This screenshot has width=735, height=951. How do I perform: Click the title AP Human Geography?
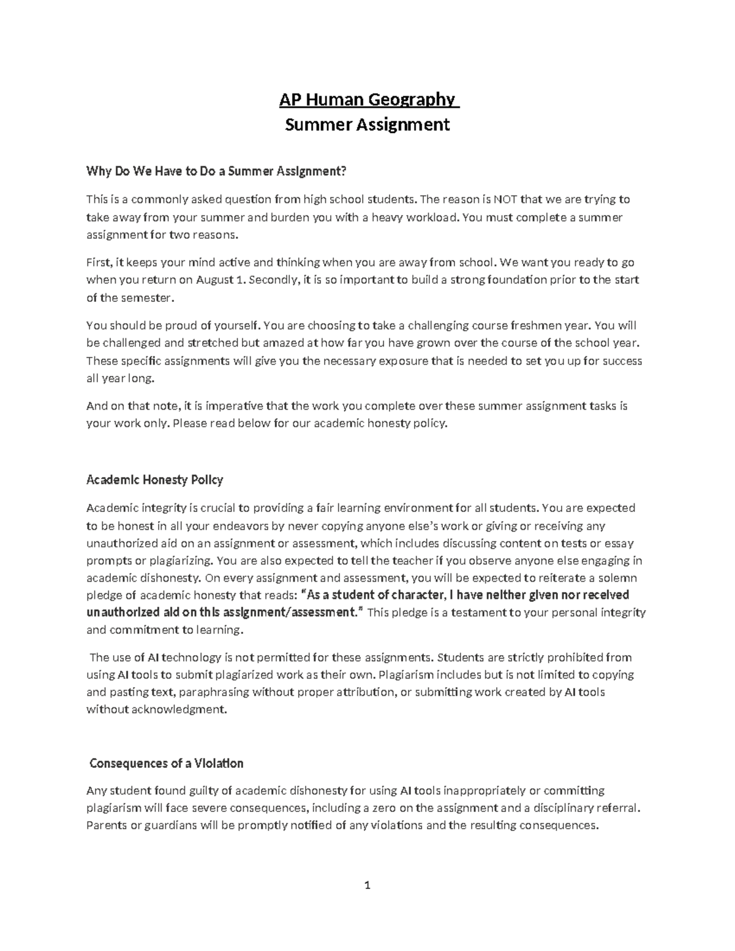click(x=367, y=99)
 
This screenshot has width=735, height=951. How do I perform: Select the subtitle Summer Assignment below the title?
click(x=367, y=125)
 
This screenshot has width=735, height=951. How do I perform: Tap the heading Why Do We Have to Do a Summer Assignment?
click(x=216, y=171)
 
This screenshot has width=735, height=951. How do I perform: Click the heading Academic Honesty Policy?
click(x=154, y=479)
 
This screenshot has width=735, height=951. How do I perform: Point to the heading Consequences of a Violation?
click(x=167, y=764)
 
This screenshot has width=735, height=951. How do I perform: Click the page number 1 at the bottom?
click(x=367, y=885)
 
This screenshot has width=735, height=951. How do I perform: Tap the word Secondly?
click(x=274, y=280)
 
